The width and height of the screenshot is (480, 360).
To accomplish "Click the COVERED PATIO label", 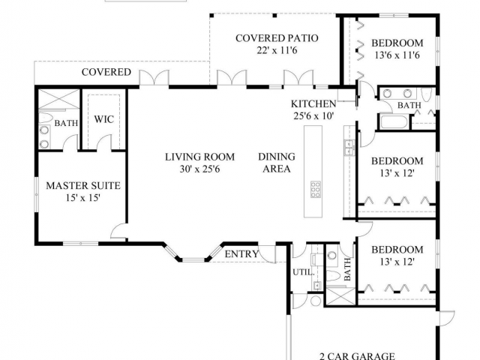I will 277,38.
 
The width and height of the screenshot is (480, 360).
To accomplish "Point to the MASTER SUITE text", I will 83,185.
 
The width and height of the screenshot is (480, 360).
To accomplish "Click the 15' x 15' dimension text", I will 83,198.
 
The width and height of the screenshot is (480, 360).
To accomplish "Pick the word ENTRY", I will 241,254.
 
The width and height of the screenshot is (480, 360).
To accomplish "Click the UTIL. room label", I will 301,271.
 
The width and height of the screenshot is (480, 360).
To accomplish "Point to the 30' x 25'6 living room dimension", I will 200,169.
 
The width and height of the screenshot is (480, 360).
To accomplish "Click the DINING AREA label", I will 277,163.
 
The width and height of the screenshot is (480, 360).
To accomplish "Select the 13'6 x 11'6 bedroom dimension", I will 397,56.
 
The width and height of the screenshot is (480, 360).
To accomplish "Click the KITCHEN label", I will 313,103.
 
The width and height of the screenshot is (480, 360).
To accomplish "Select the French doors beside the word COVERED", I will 152,77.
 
